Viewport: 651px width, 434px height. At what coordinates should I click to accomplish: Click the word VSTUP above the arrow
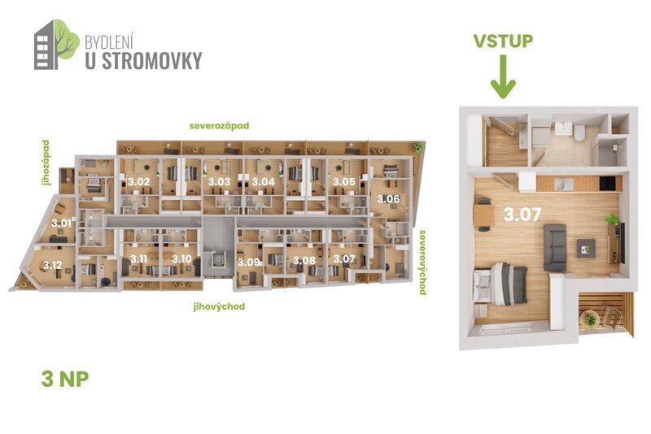point(504,41)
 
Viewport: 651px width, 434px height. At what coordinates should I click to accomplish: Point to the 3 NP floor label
point(64,378)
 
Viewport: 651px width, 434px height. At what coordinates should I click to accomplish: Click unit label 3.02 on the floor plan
point(138,181)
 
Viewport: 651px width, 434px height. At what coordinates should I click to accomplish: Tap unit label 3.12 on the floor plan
point(53,265)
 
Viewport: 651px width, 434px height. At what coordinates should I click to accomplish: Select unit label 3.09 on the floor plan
point(249,262)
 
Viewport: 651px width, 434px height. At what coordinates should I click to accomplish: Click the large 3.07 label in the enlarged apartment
point(523,216)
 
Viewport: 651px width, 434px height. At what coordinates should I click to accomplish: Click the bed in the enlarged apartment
point(503,283)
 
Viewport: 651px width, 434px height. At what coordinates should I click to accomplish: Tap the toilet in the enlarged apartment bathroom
point(575,133)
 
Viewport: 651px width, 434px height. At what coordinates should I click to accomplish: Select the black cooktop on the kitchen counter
point(607,184)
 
